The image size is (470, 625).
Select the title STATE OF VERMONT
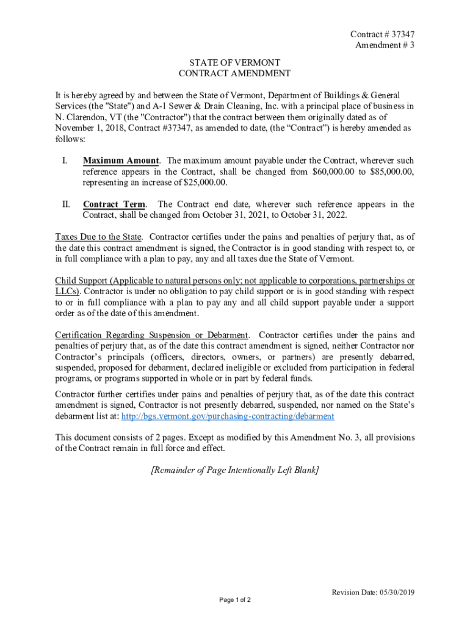(x=234, y=63)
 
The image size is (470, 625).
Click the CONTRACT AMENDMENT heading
(x=234, y=74)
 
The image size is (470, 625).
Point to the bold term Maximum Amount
(x=121, y=161)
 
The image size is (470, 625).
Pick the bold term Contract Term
(x=114, y=204)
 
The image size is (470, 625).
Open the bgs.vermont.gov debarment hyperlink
(x=228, y=416)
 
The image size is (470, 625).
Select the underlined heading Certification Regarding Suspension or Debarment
(x=152, y=335)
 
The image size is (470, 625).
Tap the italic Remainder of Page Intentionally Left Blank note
(x=234, y=470)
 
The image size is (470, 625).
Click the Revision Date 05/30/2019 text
(x=373, y=593)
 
